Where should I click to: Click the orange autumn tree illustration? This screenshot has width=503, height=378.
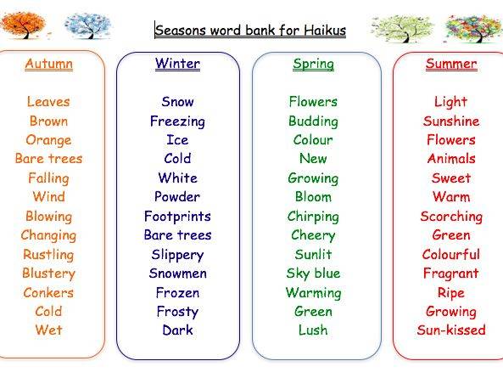pos(23,25)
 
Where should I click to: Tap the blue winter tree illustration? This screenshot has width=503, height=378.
pos(87,25)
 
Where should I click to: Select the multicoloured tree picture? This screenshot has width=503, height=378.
pos(474,28)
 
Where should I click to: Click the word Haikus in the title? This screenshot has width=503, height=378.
pos(325,31)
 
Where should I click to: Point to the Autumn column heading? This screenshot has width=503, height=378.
pos(48,64)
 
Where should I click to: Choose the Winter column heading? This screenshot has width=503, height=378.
pos(178,64)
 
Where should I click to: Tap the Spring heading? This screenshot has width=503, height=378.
pos(313,65)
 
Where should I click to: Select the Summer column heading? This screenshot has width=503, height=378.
pos(451,64)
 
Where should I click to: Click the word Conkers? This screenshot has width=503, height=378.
pos(48,292)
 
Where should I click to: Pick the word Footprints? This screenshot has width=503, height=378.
pos(177,216)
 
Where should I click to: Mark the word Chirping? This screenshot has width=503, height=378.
pos(313,217)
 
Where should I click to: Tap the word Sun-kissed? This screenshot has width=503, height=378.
pos(451,330)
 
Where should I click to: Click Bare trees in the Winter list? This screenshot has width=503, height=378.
pos(178,235)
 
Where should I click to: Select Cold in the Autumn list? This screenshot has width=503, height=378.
pos(48,311)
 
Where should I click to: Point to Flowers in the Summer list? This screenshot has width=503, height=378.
pos(451,140)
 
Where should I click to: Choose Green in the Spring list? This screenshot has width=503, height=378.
pos(313,311)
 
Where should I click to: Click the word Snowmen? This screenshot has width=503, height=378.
pos(178,274)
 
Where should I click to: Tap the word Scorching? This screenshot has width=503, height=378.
pos(451,217)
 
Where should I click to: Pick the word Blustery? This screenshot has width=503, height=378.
pos(48,274)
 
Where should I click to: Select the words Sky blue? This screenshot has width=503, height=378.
pos(313,274)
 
